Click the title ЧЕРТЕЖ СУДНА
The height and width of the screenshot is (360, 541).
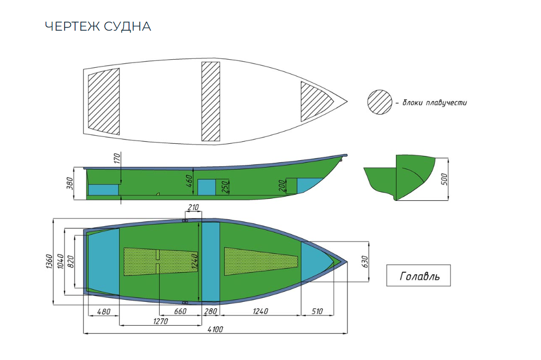coord(98,26)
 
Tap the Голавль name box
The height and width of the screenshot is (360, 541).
coord(418,275)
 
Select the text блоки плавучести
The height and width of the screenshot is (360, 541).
coord(434,103)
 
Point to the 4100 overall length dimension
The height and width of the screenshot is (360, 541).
coord(215,329)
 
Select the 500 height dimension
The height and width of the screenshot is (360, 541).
coord(445,179)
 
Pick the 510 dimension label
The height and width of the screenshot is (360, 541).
coord(317,311)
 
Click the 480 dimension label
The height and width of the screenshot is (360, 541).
coord(104,311)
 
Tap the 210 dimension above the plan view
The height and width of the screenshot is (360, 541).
coord(192,208)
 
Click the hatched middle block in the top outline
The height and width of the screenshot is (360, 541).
coord(210,101)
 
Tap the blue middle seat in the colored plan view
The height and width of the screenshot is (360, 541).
coord(211,262)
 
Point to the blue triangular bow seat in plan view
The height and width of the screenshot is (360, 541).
coord(316,261)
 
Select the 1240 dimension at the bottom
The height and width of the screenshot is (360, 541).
coord(260,311)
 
